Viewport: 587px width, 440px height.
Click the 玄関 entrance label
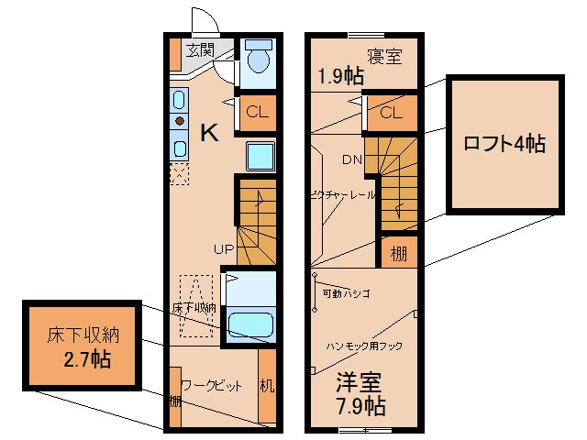tap(201, 49)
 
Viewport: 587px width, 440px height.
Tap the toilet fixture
tap(258, 59)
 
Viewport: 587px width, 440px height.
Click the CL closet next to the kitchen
tap(257, 113)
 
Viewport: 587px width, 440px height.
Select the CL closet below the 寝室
tap(391, 113)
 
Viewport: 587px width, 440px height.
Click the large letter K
tap(209, 133)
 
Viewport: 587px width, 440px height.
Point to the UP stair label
tap(224, 247)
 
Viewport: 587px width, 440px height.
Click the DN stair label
tap(352, 159)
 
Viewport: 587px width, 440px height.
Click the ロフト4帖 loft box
tap(504, 144)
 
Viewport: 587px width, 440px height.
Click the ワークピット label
tap(212, 386)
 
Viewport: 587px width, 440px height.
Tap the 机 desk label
tap(266, 386)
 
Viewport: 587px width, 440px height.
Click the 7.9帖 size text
tap(359, 406)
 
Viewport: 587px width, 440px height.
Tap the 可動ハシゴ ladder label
tap(346, 295)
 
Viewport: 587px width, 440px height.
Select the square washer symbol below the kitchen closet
tap(260, 156)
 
